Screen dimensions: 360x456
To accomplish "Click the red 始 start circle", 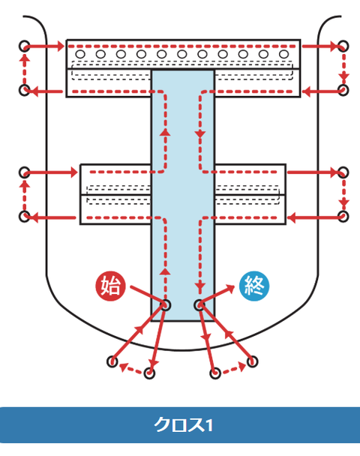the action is [110, 286].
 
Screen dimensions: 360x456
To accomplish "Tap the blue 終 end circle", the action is [254, 286].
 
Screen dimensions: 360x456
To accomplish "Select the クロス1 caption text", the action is [183, 425].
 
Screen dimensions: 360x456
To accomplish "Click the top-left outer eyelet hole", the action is [25, 46].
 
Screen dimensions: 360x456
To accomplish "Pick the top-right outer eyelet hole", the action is [343, 46].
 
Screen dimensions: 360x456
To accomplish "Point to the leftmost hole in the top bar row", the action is [80, 54].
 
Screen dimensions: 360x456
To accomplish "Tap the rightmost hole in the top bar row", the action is [283, 54].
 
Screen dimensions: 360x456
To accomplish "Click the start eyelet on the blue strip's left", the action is [166, 305].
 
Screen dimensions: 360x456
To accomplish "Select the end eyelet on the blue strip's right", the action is [199, 305].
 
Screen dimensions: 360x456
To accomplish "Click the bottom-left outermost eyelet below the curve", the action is [112, 361].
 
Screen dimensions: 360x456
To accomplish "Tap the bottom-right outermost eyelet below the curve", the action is [252, 361].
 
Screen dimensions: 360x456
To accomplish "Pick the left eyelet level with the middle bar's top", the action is [25, 172].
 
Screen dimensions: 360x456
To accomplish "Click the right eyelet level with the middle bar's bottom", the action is [343, 217].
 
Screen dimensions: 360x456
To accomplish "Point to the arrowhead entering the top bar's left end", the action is [60, 46].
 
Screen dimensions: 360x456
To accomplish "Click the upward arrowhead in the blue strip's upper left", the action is [166, 132].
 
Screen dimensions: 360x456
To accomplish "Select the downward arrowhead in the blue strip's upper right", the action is [200, 134].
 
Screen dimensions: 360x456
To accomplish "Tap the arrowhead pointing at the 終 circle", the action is [230, 288].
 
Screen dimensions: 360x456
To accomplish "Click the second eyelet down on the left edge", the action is [25, 90].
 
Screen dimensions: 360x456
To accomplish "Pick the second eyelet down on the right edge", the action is [343, 90].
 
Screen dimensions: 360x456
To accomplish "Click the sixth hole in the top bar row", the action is [182, 54].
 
